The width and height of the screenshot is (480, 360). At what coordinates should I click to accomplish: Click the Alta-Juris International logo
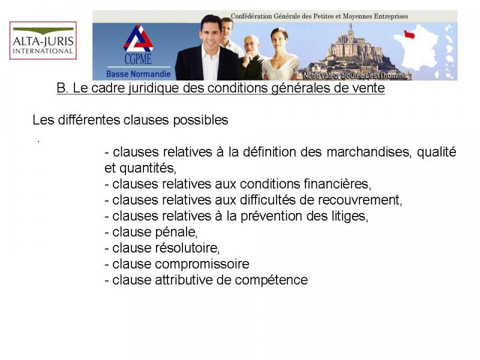click(43, 40)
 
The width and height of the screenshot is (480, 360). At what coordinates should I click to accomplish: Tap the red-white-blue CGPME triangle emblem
click(139, 38)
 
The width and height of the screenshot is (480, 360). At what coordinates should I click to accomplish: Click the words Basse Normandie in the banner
click(139, 74)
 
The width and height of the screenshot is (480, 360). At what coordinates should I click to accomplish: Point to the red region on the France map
click(410, 34)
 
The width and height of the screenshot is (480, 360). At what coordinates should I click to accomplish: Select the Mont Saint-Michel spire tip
click(351, 24)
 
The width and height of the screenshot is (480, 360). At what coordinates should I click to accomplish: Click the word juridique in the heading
click(153, 88)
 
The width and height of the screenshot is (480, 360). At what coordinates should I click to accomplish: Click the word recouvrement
click(360, 200)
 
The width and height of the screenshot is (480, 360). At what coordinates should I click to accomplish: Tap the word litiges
click(350, 217)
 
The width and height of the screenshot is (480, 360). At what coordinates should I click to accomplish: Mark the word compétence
click(271, 280)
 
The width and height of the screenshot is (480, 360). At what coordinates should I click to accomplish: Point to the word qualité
click(437, 152)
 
